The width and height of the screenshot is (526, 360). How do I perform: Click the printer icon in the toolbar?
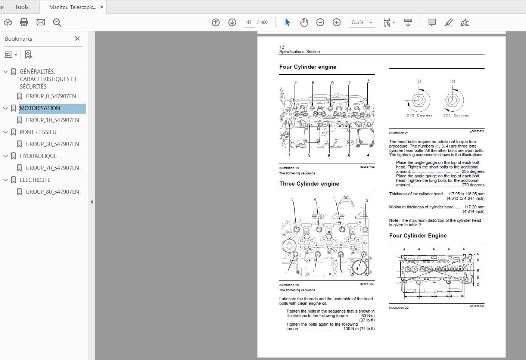click(x=24, y=22)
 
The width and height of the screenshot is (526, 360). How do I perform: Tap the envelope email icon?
click(x=41, y=22)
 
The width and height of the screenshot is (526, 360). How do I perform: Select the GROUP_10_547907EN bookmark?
click(x=52, y=120)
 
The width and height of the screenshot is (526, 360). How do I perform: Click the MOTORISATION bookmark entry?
click(x=40, y=108)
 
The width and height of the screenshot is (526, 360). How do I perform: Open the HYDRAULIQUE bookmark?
click(x=38, y=156)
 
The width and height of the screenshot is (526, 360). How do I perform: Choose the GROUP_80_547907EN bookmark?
click(x=52, y=192)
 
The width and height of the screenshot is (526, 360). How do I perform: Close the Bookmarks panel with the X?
click(x=77, y=38)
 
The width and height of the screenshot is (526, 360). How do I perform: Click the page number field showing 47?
click(x=249, y=22)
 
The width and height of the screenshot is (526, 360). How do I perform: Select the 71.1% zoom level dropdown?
click(x=361, y=22)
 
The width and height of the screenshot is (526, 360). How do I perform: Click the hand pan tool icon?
click(x=304, y=22)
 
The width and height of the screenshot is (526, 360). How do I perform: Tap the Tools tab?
click(x=22, y=7)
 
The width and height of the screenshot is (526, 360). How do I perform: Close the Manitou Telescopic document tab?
click(x=102, y=7)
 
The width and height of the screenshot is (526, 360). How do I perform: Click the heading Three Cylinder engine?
click(x=309, y=184)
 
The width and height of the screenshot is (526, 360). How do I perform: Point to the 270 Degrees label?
click(x=420, y=116)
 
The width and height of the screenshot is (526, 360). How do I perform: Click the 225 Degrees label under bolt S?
click(x=456, y=116)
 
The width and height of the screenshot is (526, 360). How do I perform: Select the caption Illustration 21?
click(x=399, y=133)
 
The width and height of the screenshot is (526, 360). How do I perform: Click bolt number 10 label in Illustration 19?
click(x=332, y=83)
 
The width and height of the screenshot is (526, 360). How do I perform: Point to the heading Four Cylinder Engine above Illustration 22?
click(x=418, y=236)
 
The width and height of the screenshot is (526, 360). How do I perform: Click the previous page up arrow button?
click(x=216, y=22)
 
